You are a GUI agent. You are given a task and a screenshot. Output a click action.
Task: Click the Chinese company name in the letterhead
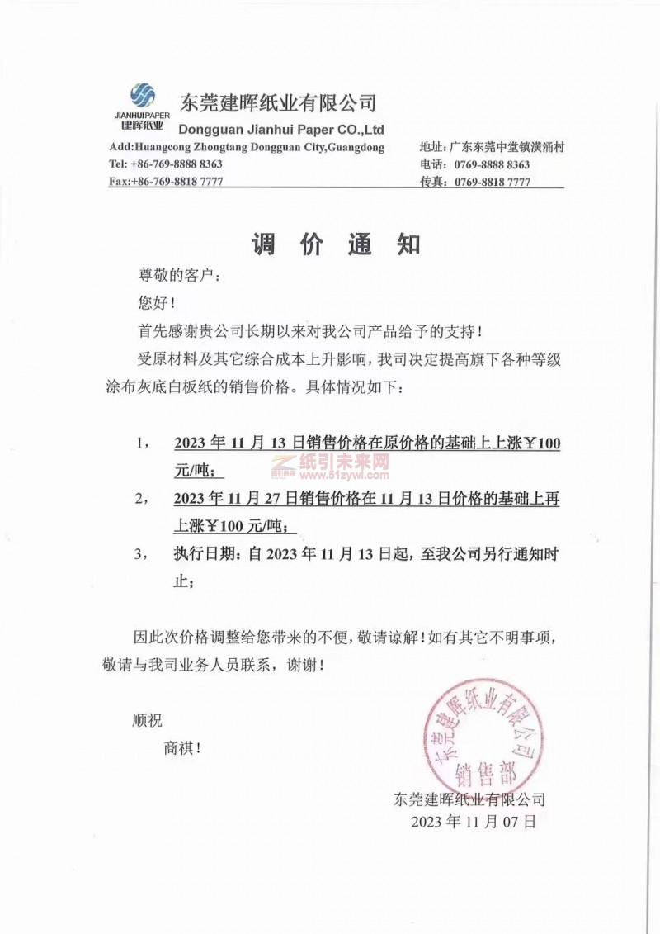pyautogui.click(x=277, y=102)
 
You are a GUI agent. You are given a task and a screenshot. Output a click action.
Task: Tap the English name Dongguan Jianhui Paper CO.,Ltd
pyautogui.click(x=280, y=130)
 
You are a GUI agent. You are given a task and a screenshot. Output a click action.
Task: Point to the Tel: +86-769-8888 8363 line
pyautogui.click(x=166, y=164)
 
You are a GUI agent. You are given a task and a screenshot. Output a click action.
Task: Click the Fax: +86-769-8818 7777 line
pyautogui.click(x=166, y=182)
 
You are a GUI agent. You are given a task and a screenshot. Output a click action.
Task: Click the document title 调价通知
pyautogui.click(x=336, y=244)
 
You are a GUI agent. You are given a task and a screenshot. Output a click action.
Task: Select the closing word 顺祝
pyautogui.click(x=148, y=720)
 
